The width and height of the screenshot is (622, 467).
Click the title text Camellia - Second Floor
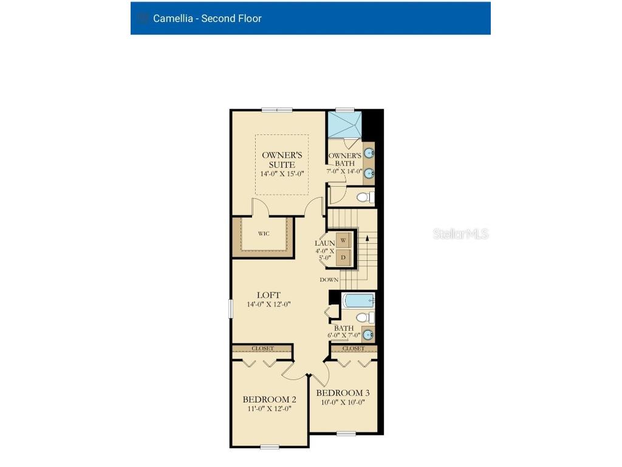[x=207, y=18]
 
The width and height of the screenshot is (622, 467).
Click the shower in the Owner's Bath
[x=344, y=125]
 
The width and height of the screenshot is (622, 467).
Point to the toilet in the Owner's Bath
[x=364, y=196]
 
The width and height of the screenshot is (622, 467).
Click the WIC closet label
[x=264, y=233]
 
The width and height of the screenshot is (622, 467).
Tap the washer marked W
[x=343, y=240]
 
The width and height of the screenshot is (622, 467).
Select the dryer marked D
[x=343, y=257]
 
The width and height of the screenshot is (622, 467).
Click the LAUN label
[x=325, y=243]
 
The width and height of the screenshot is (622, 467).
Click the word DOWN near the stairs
[x=329, y=280]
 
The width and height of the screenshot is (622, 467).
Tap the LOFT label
[x=268, y=295]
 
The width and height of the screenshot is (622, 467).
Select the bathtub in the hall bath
[x=358, y=300]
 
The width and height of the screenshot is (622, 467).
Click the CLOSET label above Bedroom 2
[x=262, y=348]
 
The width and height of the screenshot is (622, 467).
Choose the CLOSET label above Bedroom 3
[x=354, y=348]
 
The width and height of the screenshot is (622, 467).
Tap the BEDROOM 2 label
[x=269, y=400]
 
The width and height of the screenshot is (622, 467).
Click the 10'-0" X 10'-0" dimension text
[x=343, y=403]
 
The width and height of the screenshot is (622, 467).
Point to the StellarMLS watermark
[x=460, y=233]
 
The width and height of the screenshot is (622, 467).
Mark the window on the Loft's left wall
[x=230, y=308]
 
